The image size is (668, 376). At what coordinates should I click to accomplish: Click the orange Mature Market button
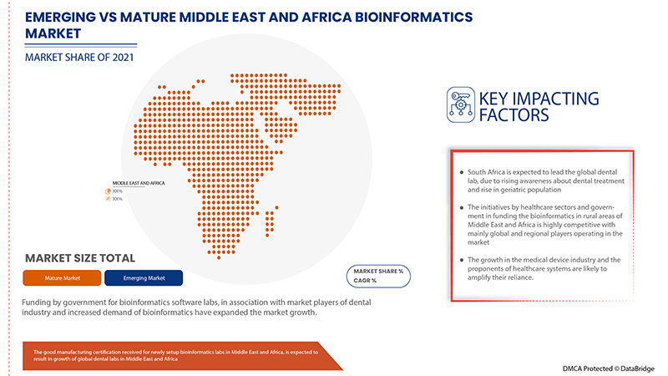pyautogui.click(x=62, y=277)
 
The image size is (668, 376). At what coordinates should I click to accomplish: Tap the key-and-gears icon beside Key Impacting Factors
pyautogui.click(x=460, y=105)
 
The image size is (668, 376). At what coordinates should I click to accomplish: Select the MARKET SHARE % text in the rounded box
pyautogui.click(x=377, y=272)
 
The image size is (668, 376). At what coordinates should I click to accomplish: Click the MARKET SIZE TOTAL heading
pyautogui.click(x=80, y=257)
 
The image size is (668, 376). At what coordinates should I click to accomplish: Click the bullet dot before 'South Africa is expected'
pyautogui.click(x=460, y=172)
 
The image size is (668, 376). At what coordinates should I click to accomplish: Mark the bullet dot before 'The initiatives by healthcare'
pyautogui.click(x=460, y=206)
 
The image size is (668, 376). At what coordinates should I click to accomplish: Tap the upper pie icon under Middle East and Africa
pyautogui.click(x=107, y=191)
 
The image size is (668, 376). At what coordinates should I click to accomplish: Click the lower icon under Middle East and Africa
pyautogui.click(x=107, y=199)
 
